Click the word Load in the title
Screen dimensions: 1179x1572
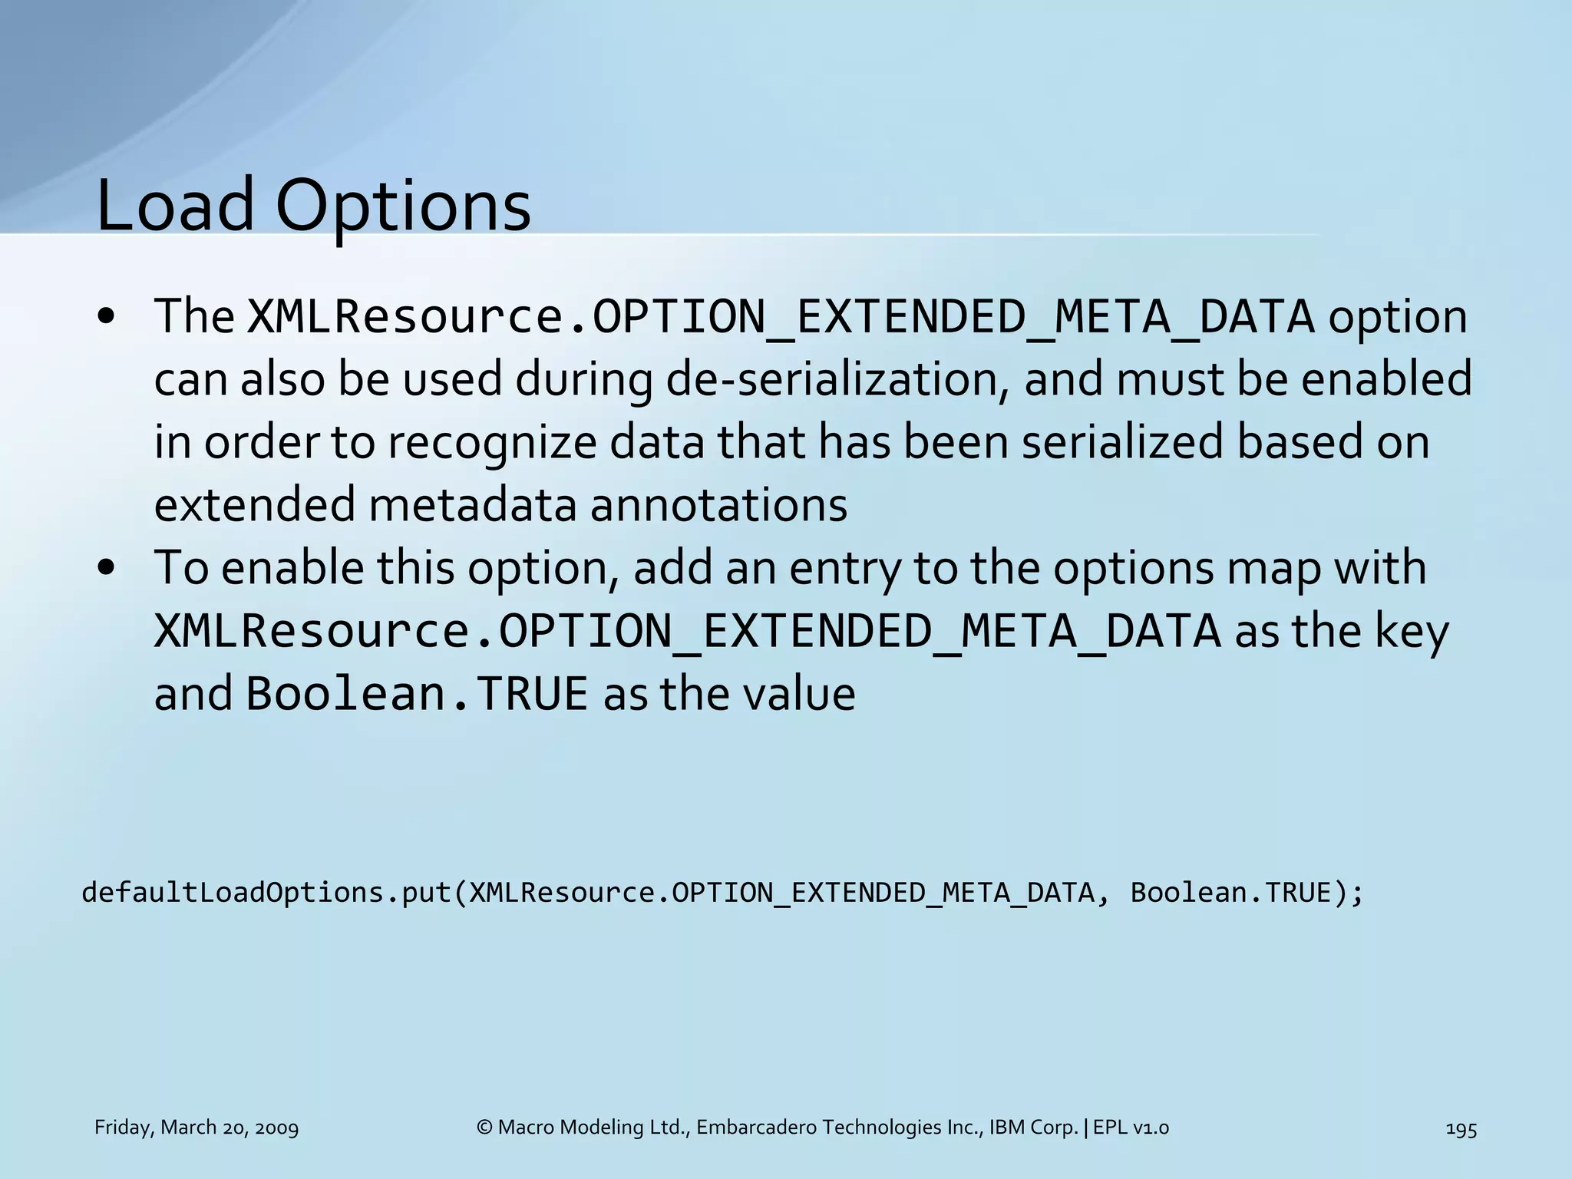[x=175, y=205]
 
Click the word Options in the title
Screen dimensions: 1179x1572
[x=402, y=207]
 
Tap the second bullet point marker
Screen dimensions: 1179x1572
[x=107, y=568]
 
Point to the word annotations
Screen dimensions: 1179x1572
[x=719, y=505]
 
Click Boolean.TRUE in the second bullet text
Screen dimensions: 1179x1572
[x=417, y=694]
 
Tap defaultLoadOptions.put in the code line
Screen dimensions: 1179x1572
[x=267, y=893]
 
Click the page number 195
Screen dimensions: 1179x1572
[x=1461, y=1128]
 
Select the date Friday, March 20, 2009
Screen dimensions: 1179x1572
[x=196, y=1128]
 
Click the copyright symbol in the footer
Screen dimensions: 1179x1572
[x=484, y=1128]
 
